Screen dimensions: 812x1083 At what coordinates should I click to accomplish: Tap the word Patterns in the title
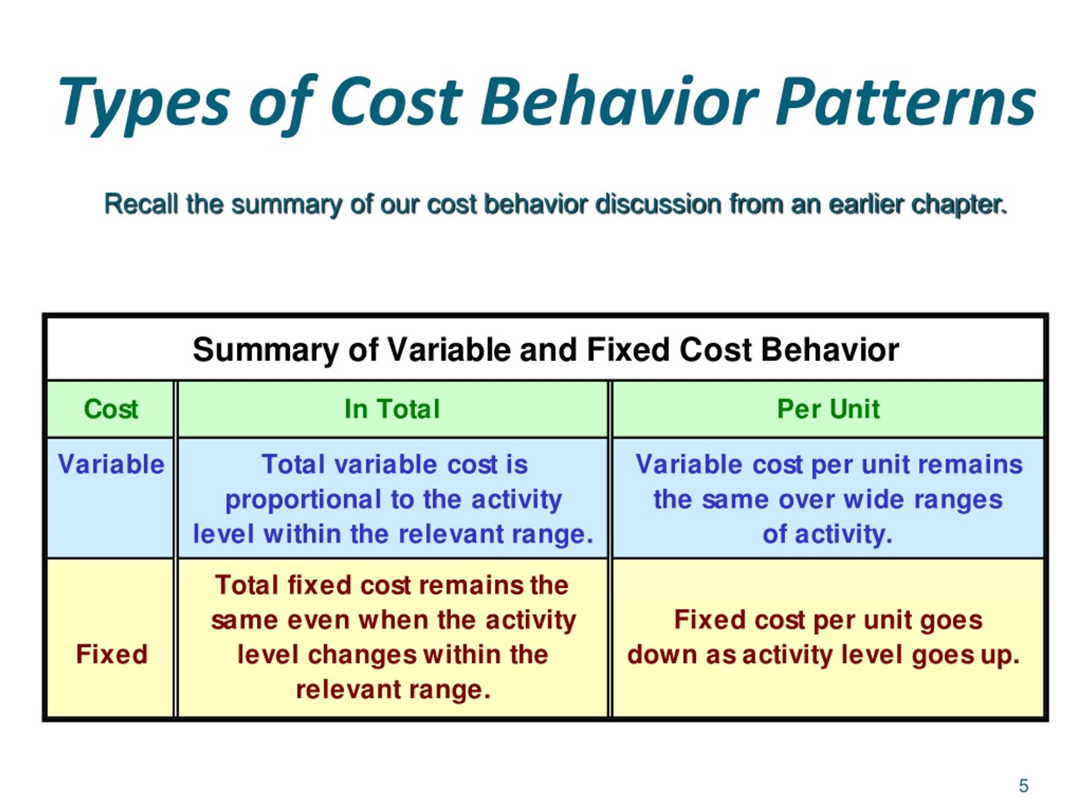click(x=906, y=103)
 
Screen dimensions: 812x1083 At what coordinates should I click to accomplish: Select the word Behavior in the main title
click(x=619, y=103)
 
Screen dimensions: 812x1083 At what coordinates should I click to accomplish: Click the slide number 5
click(x=1023, y=786)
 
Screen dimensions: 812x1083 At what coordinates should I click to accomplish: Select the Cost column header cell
click(x=111, y=409)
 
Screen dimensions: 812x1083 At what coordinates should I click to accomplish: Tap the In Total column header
click(x=392, y=409)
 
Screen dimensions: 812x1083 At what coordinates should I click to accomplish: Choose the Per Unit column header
click(x=828, y=409)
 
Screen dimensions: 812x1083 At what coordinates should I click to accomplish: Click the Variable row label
click(x=111, y=464)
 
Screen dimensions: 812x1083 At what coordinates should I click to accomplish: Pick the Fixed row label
click(x=112, y=654)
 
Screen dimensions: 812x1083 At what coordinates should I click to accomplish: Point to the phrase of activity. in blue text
click(x=827, y=534)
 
